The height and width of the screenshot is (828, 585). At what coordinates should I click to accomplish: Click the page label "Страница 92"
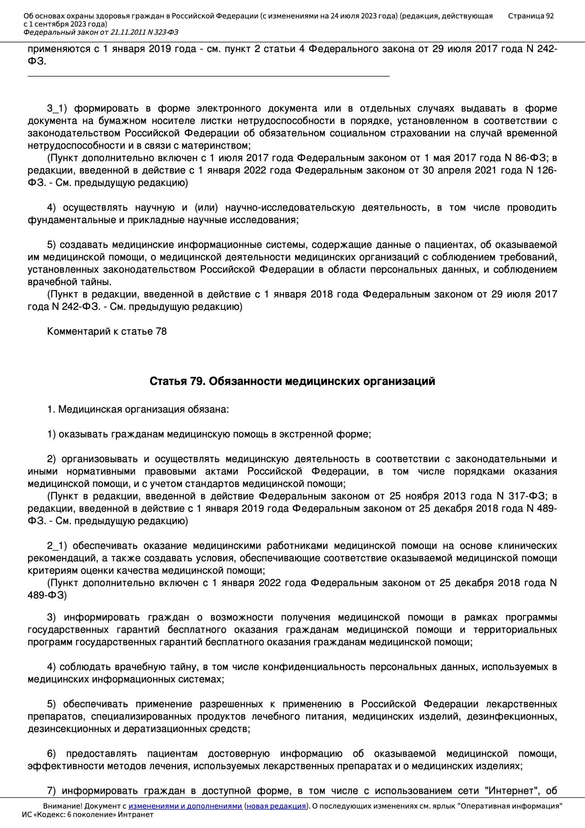tap(530, 16)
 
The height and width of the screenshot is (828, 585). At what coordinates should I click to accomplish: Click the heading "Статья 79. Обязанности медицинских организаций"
tap(292, 381)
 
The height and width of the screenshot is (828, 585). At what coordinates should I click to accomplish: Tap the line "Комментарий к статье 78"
tap(107, 331)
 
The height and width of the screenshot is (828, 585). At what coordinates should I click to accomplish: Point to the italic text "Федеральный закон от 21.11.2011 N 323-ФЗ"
tap(101, 33)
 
